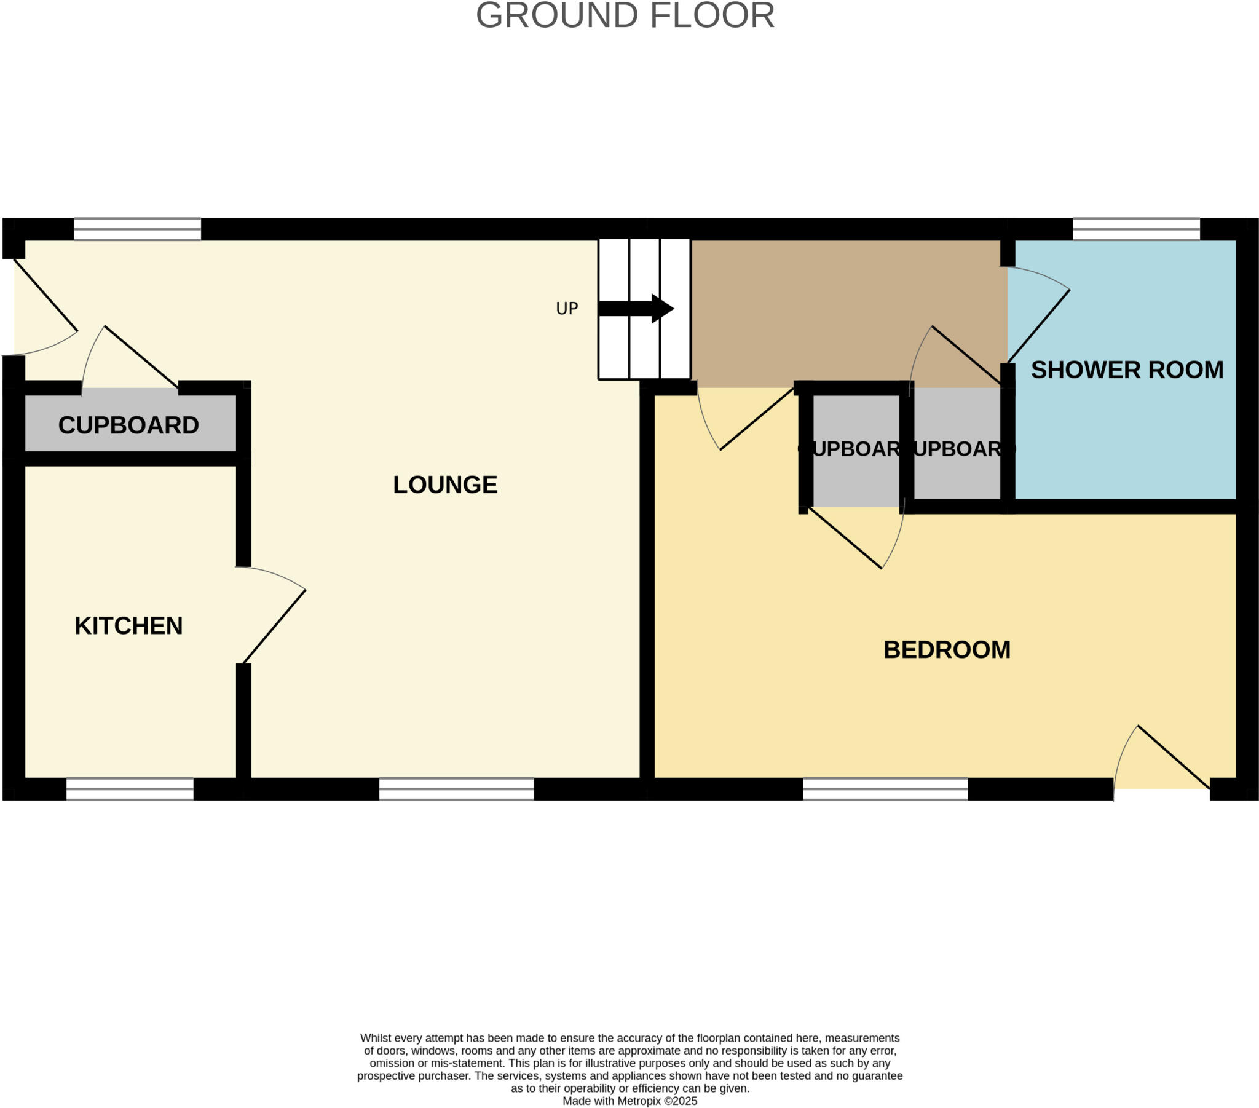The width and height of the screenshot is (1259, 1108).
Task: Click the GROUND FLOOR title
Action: point(625,16)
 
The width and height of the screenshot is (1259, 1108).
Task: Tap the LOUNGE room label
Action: point(444,485)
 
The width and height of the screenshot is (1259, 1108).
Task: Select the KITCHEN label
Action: point(128,626)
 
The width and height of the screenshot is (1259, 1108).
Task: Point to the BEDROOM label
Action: point(947,650)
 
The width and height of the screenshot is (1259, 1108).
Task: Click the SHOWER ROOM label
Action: point(1127,370)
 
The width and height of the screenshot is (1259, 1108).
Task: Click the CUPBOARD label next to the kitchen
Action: point(128,425)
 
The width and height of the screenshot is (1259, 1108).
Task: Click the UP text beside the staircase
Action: point(567,309)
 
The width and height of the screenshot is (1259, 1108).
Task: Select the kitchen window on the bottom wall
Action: point(130,789)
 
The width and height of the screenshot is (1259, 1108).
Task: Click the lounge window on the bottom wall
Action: point(456,789)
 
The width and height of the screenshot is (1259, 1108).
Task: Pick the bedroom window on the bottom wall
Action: point(885,789)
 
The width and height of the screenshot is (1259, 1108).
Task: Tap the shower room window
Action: point(1136,229)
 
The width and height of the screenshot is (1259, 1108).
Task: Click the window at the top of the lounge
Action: point(137,229)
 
